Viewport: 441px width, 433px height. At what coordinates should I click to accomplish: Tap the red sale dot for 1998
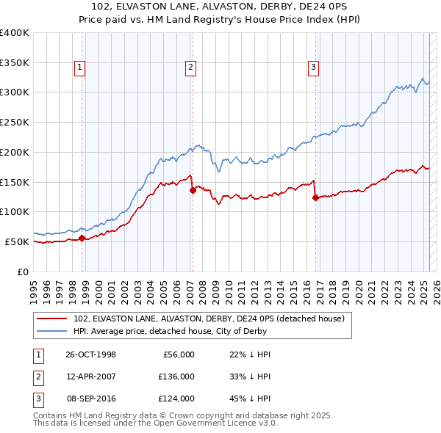coord(82,238)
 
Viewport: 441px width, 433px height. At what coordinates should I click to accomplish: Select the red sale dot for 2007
coord(193,190)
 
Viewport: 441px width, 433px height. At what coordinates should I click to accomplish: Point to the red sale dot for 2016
coord(315,197)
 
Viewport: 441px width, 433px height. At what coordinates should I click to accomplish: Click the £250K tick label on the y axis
coord(15,123)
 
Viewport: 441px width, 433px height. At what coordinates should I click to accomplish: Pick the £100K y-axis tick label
coord(15,212)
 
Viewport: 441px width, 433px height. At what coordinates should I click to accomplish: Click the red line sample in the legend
coord(52,319)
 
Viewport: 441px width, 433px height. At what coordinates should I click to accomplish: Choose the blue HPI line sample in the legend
coord(52,331)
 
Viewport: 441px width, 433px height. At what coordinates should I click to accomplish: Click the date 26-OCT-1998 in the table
coord(90,354)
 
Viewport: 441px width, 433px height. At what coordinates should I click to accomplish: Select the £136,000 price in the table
coord(176,376)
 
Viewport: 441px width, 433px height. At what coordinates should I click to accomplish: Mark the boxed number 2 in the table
coord(36,376)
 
